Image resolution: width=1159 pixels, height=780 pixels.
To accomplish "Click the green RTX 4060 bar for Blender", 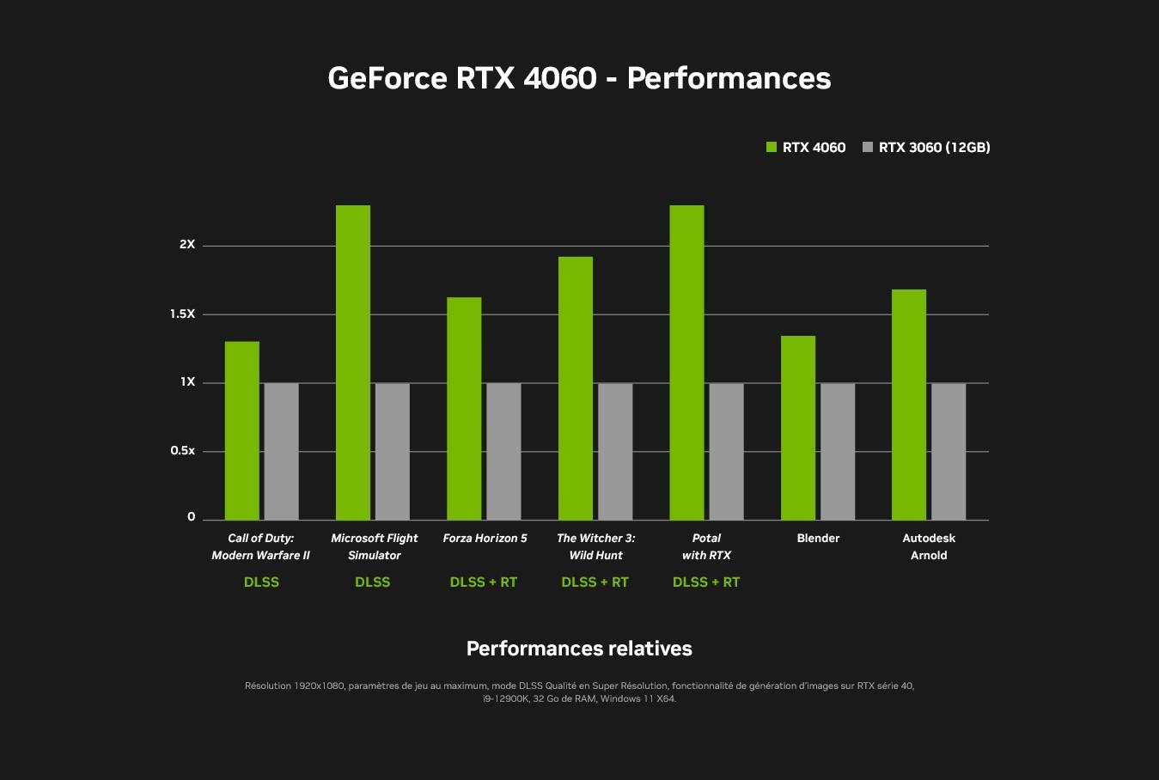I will point(797,428).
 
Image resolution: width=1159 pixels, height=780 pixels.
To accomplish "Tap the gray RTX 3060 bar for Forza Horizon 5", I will point(503,451).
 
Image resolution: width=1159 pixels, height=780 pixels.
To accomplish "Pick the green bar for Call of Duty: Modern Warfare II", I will point(241,430).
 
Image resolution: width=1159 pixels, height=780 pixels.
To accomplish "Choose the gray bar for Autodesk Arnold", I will point(949,451).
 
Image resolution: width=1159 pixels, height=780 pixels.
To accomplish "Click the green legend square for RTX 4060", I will point(771,148).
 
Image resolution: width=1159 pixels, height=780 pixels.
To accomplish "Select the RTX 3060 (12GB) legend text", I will point(934,148).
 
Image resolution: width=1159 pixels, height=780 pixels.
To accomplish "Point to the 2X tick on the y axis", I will point(187,245).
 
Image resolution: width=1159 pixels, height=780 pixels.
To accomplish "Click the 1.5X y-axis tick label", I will point(182,314).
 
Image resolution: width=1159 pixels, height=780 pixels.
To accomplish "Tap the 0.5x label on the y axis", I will point(182,451).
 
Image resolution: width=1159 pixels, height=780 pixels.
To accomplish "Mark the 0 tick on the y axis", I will point(191,517).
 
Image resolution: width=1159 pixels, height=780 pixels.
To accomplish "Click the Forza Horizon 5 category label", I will point(485,539).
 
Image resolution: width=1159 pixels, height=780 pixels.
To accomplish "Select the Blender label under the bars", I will point(818,539).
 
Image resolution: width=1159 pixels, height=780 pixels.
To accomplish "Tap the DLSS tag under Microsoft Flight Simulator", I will point(372,582).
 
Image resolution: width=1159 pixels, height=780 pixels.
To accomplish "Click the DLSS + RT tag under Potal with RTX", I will point(706,582).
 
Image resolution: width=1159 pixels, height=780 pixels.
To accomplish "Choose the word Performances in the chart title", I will point(729,78).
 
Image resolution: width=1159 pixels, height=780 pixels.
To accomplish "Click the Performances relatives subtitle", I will point(579,649).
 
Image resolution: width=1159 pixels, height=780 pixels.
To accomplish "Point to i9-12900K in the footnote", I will point(505,699).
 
